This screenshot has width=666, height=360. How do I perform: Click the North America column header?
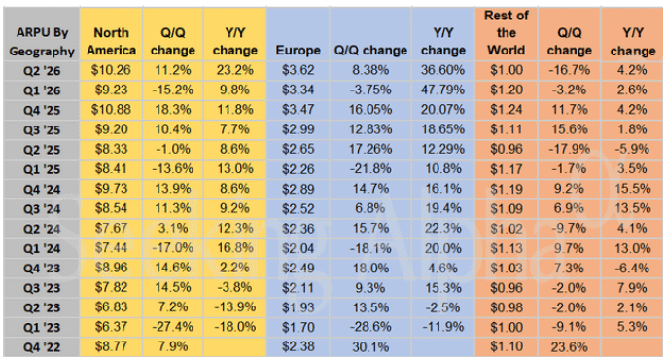click(111, 41)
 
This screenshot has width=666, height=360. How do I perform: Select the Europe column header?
click(298, 51)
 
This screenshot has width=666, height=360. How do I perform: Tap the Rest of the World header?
click(507, 33)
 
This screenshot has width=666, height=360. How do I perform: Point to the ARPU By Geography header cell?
click(42, 42)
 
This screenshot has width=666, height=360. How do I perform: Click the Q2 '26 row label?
click(42, 70)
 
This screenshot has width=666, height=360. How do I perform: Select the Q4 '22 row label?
click(42, 347)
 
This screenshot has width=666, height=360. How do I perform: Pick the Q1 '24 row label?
click(42, 248)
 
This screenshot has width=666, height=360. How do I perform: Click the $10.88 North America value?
click(111, 110)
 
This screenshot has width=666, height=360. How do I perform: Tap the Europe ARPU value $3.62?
click(298, 70)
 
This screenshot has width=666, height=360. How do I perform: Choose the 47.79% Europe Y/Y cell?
click(442, 90)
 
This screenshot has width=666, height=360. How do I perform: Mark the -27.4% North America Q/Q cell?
click(173, 327)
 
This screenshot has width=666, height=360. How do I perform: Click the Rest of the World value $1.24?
click(507, 110)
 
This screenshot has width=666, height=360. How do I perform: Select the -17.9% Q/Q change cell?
click(569, 149)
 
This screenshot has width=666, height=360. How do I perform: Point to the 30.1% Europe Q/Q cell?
click(370, 346)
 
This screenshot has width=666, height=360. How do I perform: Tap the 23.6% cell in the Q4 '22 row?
click(569, 346)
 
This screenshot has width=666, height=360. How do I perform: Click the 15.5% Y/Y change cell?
click(632, 189)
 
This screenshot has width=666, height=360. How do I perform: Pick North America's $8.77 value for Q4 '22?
click(111, 346)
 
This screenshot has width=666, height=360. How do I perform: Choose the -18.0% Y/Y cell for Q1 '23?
click(235, 327)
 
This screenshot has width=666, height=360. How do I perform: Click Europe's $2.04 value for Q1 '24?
click(298, 248)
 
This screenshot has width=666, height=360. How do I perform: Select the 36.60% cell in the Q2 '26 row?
click(442, 70)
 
